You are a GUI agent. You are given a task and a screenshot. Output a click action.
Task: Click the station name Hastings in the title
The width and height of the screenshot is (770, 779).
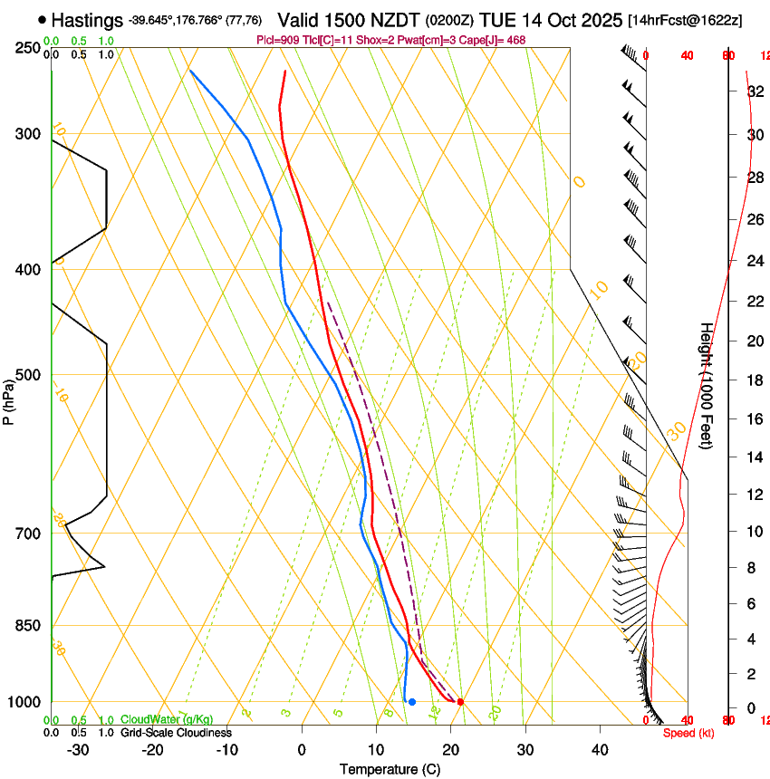point(87,19)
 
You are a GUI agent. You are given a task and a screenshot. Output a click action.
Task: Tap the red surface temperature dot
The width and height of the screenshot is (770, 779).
point(460,702)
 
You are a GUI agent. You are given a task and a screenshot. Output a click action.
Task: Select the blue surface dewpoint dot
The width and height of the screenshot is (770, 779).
point(412,702)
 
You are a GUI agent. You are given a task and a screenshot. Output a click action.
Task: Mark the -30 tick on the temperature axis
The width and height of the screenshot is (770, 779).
point(78,750)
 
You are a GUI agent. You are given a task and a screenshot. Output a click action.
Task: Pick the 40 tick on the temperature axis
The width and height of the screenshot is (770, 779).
point(600,750)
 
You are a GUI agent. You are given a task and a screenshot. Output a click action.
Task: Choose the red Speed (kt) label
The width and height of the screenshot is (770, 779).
point(688,733)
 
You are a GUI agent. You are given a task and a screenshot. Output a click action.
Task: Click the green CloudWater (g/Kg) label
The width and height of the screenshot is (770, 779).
point(167,720)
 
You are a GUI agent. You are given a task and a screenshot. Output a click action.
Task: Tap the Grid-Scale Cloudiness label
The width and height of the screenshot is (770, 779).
point(176,733)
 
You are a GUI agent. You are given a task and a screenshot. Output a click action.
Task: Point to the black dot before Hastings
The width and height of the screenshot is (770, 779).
point(43,19)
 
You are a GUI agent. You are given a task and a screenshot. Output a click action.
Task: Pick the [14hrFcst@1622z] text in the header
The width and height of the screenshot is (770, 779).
point(684,20)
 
